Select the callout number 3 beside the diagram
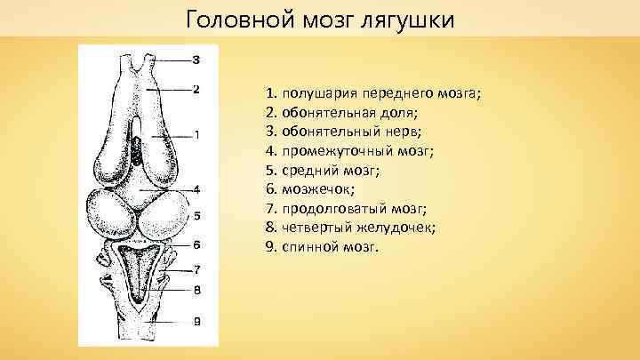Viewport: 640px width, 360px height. click(196, 60)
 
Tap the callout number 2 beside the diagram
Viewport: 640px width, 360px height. click(196, 88)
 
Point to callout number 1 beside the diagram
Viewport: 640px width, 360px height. click(196, 135)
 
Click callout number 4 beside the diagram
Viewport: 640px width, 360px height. click(196, 188)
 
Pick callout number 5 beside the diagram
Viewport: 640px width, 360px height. click(196, 216)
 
